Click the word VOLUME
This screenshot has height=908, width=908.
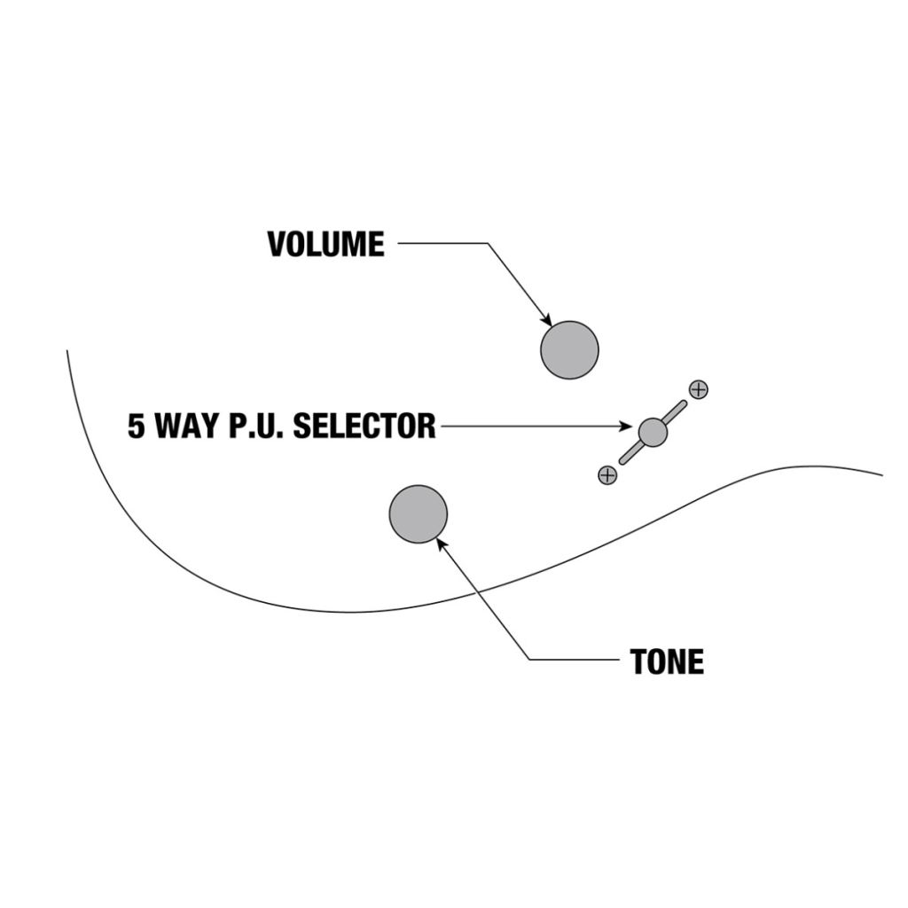tap(325, 244)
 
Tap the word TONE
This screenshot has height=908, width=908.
tap(667, 661)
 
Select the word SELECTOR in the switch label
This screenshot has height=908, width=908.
tap(364, 427)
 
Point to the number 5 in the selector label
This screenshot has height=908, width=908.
tap(136, 427)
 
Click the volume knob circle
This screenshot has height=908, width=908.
tap(569, 350)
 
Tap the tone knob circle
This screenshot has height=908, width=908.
tap(418, 513)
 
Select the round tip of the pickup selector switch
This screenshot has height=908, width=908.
tap(653, 432)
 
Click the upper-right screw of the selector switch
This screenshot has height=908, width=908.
tap(699, 389)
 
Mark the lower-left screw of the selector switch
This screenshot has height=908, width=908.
tap(607, 475)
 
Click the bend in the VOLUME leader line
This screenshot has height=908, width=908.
tap(488, 243)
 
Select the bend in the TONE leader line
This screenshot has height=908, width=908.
tap(529, 660)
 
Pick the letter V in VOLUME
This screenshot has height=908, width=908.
tap(277, 244)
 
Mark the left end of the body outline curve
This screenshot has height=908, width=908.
tap(67, 352)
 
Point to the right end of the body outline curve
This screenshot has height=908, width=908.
tap(881, 474)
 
